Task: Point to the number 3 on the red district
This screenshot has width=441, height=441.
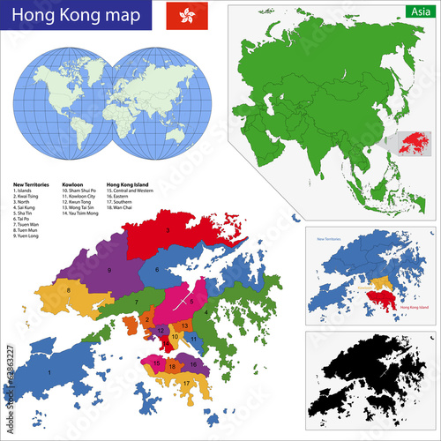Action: click(167, 230)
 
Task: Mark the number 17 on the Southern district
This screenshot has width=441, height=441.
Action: click(186, 382)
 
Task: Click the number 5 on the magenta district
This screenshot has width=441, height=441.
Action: click(191, 301)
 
